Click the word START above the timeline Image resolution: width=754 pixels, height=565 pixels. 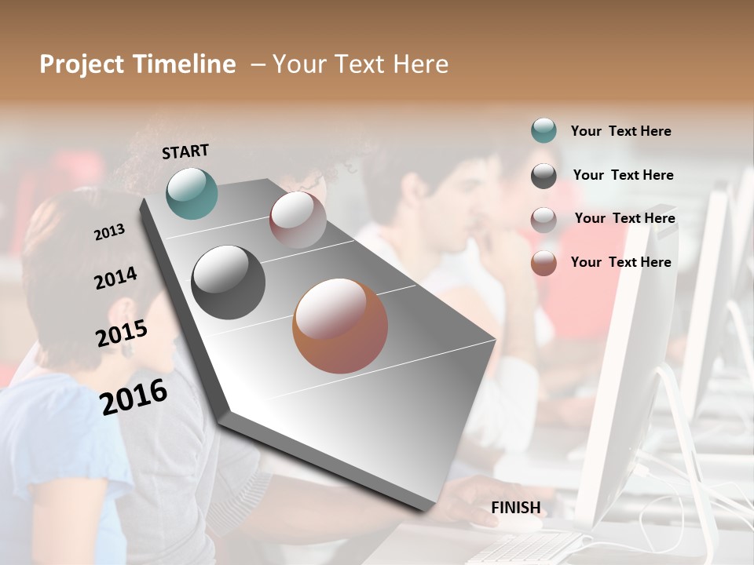pyautogui.click(x=185, y=151)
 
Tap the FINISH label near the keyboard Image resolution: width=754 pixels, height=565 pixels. pyautogui.click(x=515, y=508)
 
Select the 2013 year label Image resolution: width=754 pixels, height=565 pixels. pyautogui.click(x=110, y=231)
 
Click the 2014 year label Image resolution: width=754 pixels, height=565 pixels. pyautogui.click(x=115, y=278)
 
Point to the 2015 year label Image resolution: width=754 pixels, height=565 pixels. pyautogui.click(x=122, y=333)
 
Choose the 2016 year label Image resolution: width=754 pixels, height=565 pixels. pyautogui.click(x=134, y=395)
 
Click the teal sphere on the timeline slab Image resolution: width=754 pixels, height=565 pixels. pyautogui.click(x=192, y=193)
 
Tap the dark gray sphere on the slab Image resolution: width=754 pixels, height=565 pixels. pyautogui.click(x=228, y=282)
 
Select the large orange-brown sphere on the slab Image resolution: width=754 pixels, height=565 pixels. pyautogui.click(x=340, y=326)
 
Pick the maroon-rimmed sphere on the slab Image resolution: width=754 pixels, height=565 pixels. pyautogui.click(x=298, y=220)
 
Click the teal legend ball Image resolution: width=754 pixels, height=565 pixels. pyautogui.click(x=544, y=130)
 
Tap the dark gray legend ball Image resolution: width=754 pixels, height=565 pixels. pyautogui.click(x=544, y=176)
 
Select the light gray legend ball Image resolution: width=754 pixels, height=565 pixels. pyautogui.click(x=544, y=220)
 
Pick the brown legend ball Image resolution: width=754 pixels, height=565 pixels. pyautogui.click(x=544, y=263)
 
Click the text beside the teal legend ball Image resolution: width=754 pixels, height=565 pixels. pyautogui.click(x=620, y=131)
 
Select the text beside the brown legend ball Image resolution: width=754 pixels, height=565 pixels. pyautogui.click(x=620, y=262)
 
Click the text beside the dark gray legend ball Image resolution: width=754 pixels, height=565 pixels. pyautogui.click(x=623, y=175)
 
